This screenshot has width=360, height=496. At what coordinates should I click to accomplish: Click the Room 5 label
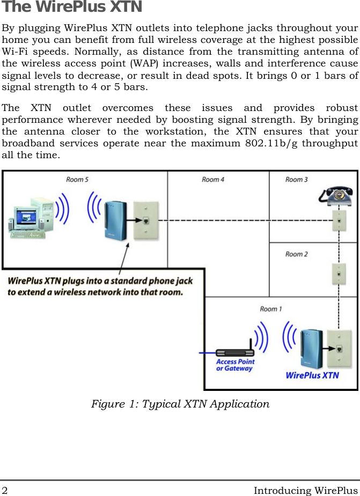click(77, 179)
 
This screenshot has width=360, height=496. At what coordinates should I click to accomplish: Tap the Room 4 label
click(213, 179)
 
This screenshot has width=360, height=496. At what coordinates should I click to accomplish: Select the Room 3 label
click(296, 179)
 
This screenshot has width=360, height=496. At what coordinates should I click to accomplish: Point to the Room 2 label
click(296, 254)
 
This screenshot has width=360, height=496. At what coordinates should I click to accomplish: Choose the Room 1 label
click(271, 308)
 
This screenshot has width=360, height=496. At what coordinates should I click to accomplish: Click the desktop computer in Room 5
click(31, 217)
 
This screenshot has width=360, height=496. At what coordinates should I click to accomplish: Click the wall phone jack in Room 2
click(338, 273)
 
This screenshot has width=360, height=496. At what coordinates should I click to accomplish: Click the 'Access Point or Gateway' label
click(235, 365)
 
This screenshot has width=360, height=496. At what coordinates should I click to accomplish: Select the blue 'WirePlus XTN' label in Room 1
click(312, 375)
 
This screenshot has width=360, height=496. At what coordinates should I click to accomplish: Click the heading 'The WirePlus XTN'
click(72, 8)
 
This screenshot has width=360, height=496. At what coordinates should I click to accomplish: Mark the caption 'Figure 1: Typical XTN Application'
click(180, 404)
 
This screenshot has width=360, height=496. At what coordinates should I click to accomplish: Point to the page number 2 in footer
click(5, 490)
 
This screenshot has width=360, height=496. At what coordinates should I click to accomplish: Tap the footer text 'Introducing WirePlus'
click(305, 490)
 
